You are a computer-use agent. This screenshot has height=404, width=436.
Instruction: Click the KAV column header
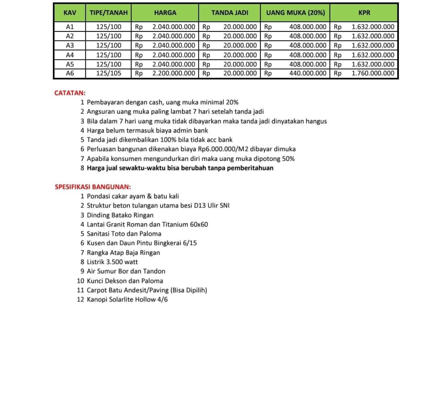[70, 13]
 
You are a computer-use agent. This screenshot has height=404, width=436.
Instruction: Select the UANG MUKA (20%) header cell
[295, 13]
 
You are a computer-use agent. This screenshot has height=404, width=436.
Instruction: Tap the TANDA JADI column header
[230, 13]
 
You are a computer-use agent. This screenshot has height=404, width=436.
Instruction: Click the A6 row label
[70, 73]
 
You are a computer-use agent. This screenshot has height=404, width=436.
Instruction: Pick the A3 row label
[70, 45]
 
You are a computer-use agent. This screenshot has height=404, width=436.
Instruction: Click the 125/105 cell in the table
[109, 73]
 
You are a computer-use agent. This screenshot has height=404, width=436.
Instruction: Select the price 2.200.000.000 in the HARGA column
[173, 73]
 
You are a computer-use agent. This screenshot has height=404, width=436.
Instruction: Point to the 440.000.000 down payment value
[308, 73]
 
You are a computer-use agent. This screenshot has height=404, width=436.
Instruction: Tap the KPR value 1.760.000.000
[373, 73]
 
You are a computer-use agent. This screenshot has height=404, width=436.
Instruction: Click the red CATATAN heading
[70, 93]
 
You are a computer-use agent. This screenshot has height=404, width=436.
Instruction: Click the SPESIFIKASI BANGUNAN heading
[93, 187]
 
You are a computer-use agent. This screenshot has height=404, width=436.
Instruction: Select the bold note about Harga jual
[180, 168]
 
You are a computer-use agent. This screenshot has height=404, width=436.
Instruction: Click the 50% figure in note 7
[288, 159]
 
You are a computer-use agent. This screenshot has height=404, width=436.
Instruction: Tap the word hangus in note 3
[316, 121]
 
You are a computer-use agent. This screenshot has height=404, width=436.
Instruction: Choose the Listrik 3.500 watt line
[112, 262]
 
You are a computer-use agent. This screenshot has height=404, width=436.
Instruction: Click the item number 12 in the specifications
[81, 299]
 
